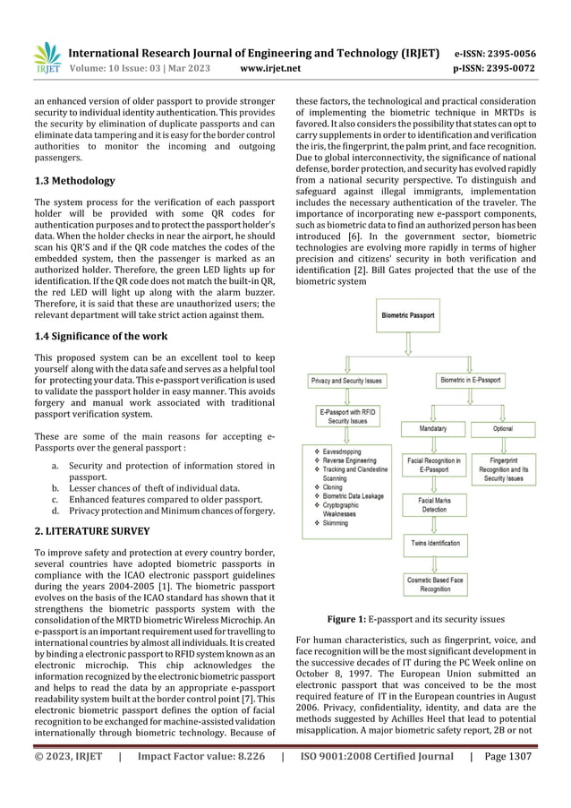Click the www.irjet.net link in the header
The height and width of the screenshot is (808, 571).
(x=271, y=67)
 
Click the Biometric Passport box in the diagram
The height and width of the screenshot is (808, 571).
(x=408, y=316)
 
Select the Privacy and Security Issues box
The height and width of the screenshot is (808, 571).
(x=346, y=381)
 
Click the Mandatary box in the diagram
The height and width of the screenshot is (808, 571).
(x=432, y=429)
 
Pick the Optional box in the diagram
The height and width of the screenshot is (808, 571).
(x=502, y=429)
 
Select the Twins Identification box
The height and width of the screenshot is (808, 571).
(x=436, y=543)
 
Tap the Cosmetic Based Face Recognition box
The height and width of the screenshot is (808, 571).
(x=435, y=584)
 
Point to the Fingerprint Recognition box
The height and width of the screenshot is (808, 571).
(x=503, y=469)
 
